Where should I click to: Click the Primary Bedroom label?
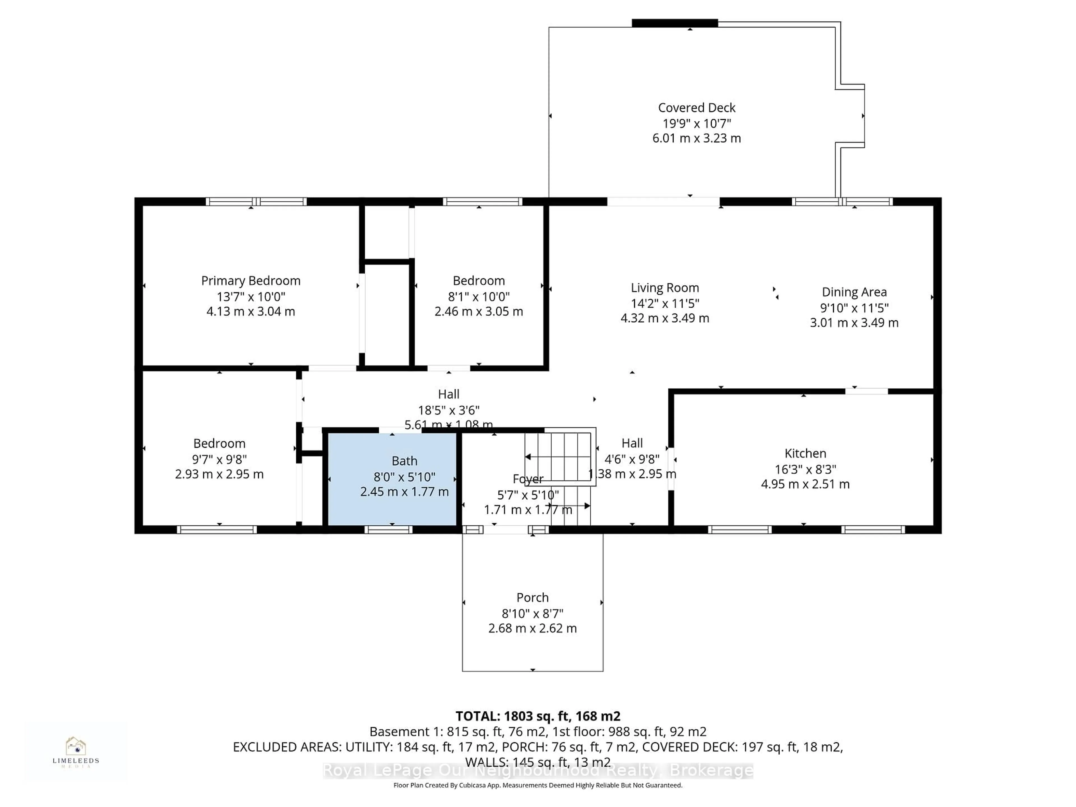[x=251, y=281]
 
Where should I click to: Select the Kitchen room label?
[x=805, y=453]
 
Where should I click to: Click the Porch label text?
[x=532, y=597]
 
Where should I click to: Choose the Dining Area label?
[x=854, y=292]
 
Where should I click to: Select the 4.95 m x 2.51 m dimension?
[x=805, y=484]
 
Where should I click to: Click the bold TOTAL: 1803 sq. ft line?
[x=537, y=716]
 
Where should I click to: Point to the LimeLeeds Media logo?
[x=76, y=752]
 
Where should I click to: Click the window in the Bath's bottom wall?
[x=388, y=530]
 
